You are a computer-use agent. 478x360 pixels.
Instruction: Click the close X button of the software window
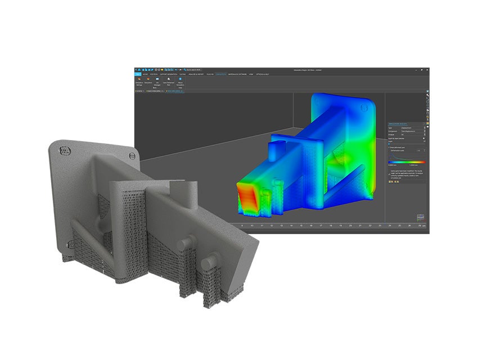coord(427,70)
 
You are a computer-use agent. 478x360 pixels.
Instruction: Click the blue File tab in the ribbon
coord(138,74)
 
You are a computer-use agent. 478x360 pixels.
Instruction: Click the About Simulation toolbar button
coord(180,82)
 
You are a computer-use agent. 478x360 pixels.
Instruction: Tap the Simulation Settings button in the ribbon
coord(138,82)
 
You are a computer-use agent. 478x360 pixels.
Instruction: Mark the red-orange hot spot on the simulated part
coord(247,198)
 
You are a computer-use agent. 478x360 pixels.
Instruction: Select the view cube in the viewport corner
coord(420,218)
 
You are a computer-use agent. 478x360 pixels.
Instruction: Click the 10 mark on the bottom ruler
coord(253,226)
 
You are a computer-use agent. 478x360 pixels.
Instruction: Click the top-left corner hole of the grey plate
coord(63,151)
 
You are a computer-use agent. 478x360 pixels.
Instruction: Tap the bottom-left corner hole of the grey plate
coord(70,244)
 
